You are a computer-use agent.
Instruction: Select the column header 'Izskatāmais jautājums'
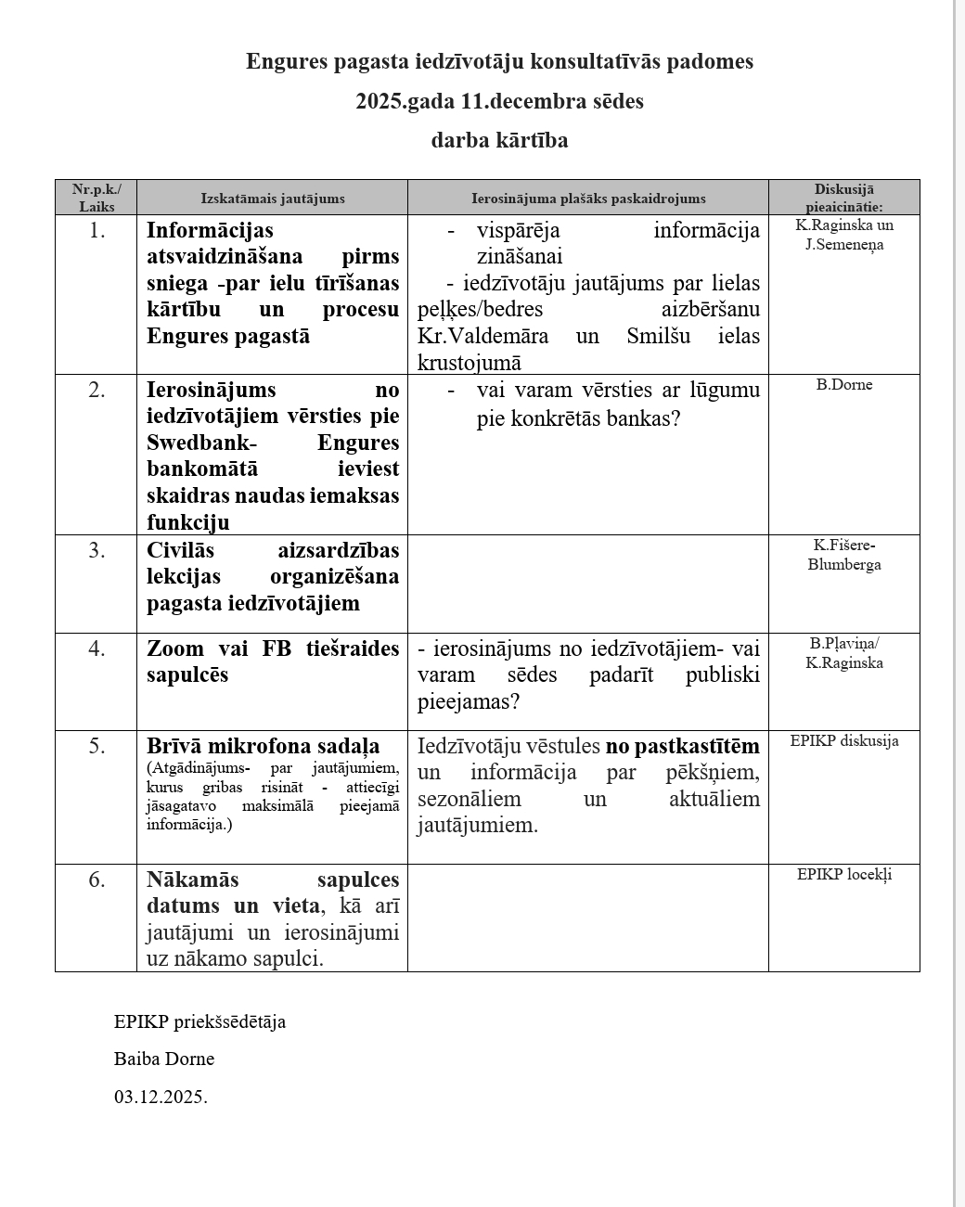click(x=273, y=199)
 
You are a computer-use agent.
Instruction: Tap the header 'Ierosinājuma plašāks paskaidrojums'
click(x=588, y=199)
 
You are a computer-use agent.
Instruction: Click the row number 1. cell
click(x=96, y=230)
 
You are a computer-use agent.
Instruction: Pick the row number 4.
click(x=96, y=648)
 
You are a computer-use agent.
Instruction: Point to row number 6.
click(x=96, y=879)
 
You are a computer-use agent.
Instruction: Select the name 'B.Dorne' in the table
click(x=844, y=385)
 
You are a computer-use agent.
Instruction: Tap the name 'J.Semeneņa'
click(x=844, y=245)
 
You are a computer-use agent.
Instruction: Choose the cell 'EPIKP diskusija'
click(x=844, y=740)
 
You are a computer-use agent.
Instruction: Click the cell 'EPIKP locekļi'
click(x=844, y=874)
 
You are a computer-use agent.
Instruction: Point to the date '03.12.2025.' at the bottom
click(x=161, y=1097)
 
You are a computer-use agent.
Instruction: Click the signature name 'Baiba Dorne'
click(x=164, y=1059)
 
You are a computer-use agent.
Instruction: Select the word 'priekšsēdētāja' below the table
click(x=229, y=1021)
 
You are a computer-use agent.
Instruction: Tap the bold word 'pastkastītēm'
click(x=697, y=746)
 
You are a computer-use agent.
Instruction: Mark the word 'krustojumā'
click(x=470, y=363)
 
